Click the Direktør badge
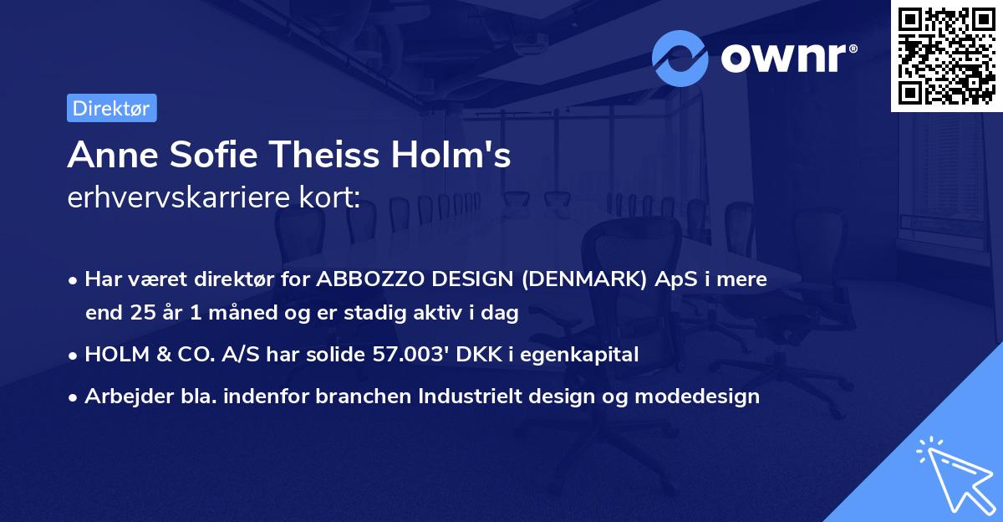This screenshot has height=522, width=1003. tap(112, 108)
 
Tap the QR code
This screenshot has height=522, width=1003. tap(946, 56)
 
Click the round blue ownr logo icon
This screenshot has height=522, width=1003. tap(680, 59)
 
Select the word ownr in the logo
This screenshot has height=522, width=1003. tap(783, 58)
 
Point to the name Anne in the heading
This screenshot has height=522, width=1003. tap(113, 155)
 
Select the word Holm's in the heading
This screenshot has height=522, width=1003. tap(451, 155)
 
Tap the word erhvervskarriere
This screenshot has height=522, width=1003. tap(179, 197)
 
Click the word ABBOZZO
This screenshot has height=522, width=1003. tap(369, 279)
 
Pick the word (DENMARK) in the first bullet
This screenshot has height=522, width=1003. tap(584, 279)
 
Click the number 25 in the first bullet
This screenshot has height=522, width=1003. tap(143, 313)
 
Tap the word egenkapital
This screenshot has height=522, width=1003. tap(579, 356)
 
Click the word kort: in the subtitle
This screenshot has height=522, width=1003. tap(329, 197)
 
